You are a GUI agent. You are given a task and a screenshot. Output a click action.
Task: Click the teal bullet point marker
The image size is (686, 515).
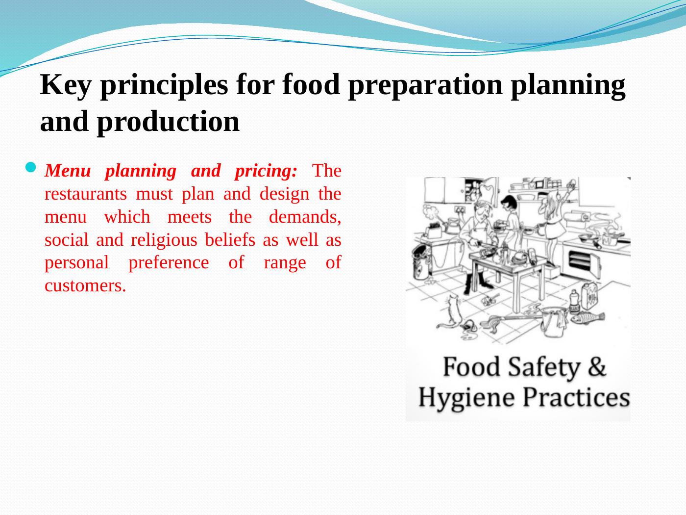[x=31, y=167]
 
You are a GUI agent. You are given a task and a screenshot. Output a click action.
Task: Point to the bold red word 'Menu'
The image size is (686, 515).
[x=68, y=171]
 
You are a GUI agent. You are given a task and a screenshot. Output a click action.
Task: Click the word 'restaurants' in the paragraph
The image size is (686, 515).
[x=86, y=194]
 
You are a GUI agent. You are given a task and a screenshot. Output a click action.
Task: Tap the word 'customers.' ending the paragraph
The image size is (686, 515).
[x=85, y=286]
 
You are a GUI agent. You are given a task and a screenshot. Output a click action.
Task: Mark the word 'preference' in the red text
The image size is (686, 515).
[x=169, y=263]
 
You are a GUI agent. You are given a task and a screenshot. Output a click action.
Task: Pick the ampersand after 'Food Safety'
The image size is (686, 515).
[x=597, y=366]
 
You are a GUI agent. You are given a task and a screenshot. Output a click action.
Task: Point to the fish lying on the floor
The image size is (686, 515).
[x=588, y=318]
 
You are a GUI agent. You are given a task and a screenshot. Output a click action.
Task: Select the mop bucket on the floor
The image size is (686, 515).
[x=554, y=322]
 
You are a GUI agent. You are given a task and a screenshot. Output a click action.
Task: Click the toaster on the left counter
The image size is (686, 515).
[x=434, y=232]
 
